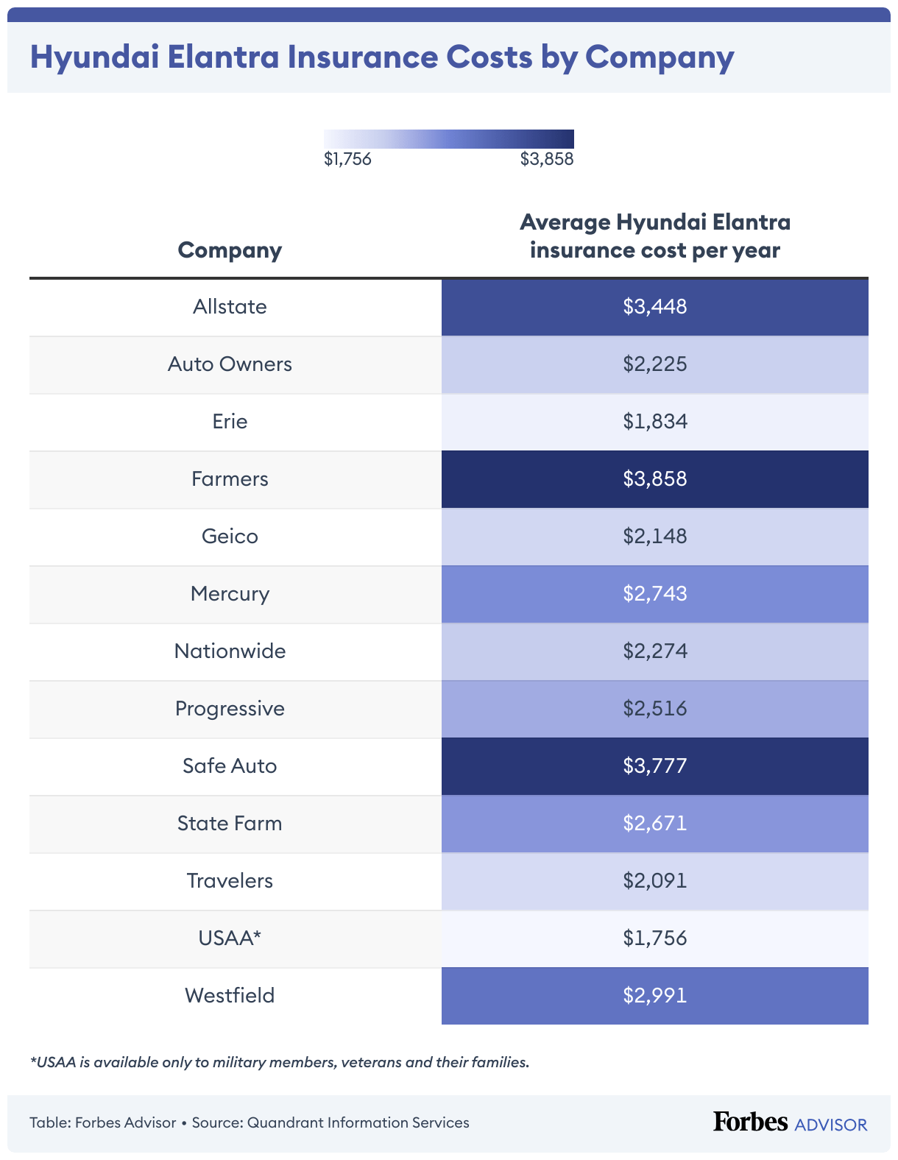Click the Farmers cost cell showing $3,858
click(x=654, y=479)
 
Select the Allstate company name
click(x=230, y=307)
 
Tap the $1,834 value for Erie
click(x=654, y=422)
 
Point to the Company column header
click(x=230, y=250)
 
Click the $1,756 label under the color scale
click(x=347, y=159)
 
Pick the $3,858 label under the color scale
click(x=546, y=159)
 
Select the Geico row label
click(x=230, y=537)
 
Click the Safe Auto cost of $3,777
click(x=654, y=766)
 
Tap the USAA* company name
click(x=230, y=938)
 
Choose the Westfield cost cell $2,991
click(x=654, y=996)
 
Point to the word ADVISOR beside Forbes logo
click(x=831, y=1125)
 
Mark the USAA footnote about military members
click(x=280, y=1062)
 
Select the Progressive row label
click(x=230, y=709)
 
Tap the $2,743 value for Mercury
click(x=654, y=594)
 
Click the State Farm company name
click(x=230, y=824)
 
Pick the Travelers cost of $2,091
click(x=654, y=881)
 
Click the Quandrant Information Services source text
click(x=358, y=1123)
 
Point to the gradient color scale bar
click(x=448, y=139)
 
